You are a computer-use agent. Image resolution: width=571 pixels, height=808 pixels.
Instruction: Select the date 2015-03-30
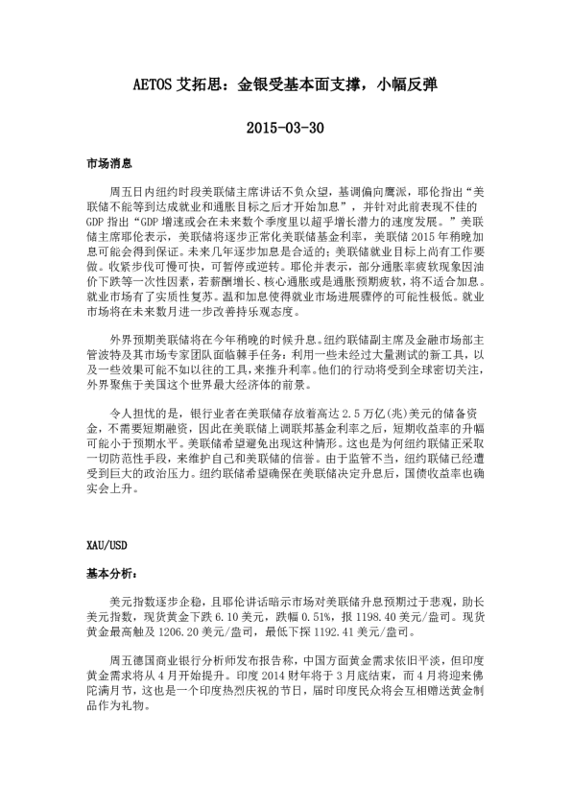click(x=285, y=127)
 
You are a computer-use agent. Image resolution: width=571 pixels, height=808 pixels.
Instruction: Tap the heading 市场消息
click(x=107, y=164)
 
